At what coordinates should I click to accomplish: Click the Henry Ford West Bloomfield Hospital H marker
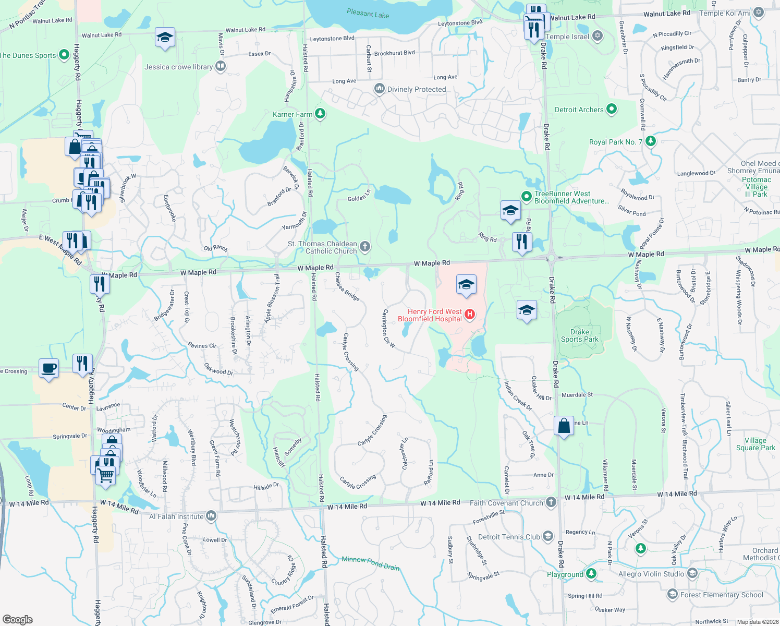(x=470, y=314)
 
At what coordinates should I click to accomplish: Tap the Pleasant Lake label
(x=368, y=14)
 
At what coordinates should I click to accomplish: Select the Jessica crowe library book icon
(x=221, y=66)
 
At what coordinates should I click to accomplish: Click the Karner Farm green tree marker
(x=320, y=114)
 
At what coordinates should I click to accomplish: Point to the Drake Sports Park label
(x=580, y=335)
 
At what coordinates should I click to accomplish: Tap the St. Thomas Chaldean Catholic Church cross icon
(x=365, y=247)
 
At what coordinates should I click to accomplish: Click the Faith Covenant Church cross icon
(x=551, y=502)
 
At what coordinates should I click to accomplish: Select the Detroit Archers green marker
(x=612, y=109)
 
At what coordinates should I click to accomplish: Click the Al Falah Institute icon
(x=211, y=516)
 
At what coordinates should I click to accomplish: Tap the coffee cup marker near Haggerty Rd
(x=49, y=368)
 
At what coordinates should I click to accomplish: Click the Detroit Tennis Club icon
(x=547, y=536)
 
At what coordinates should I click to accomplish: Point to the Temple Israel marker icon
(x=598, y=36)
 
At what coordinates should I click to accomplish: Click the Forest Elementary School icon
(x=673, y=594)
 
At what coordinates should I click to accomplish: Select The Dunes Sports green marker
(x=64, y=54)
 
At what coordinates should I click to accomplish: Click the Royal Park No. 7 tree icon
(x=650, y=141)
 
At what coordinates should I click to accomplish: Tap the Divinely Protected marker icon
(x=380, y=89)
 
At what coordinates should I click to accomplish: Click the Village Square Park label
(x=755, y=444)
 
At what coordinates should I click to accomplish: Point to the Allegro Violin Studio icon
(x=692, y=573)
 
